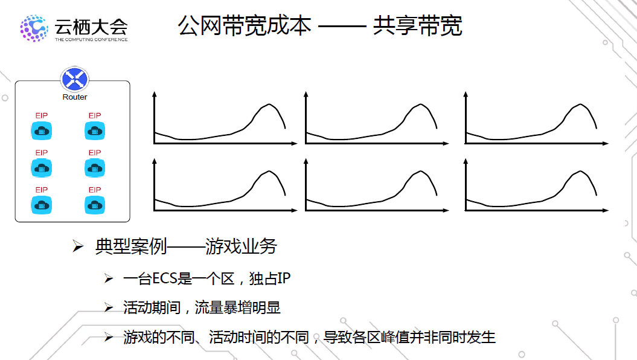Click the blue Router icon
click(x=75, y=80)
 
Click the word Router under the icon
click(x=75, y=97)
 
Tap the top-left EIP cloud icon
click(x=42, y=130)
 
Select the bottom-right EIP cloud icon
click(x=94, y=205)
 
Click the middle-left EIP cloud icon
click(x=42, y=167)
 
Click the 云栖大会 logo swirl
click(x=34, y=28)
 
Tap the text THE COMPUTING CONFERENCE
click(x=91, y=40)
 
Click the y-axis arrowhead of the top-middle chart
click(x=306, y=94)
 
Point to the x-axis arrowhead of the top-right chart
click(x=606, y=144)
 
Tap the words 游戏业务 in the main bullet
click(x=241, y=246)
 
